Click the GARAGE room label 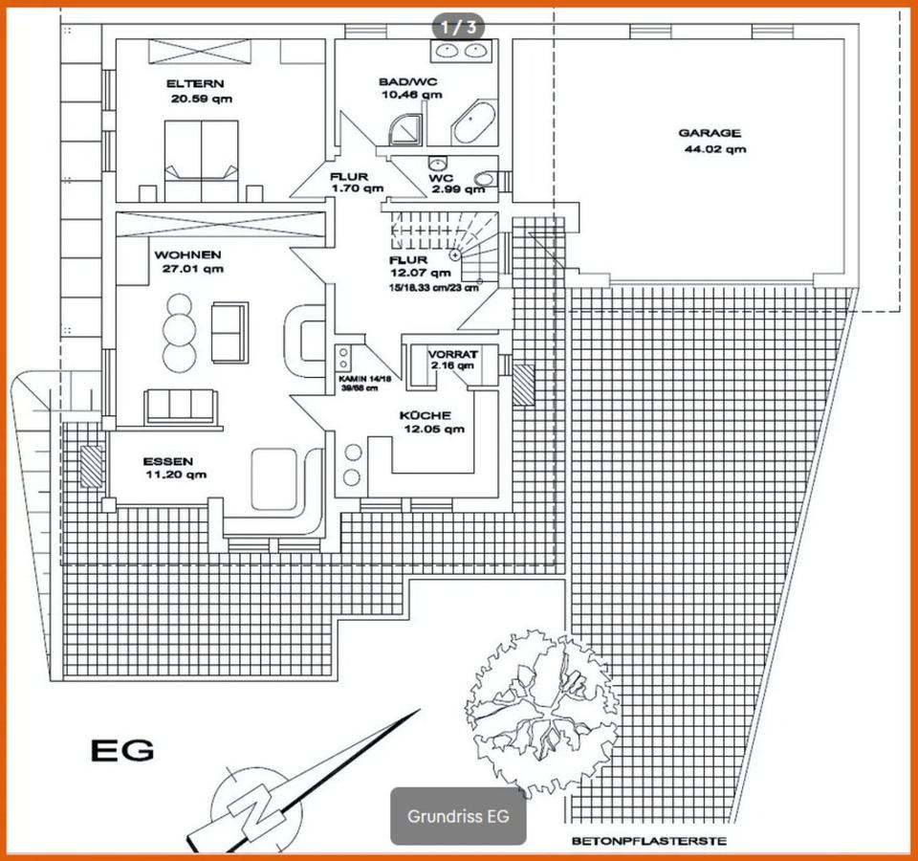tap(710, 134)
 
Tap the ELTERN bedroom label tap(193, 82)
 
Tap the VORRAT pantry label tap(452, 354)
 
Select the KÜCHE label tap(425, 415)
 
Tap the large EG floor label tap(121, 749)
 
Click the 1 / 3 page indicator tap(458, 26)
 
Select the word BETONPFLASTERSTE tap(648, 842)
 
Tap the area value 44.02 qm tap(715, 149)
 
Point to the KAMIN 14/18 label tap(364, 379)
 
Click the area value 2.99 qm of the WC tap(458, 189)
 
